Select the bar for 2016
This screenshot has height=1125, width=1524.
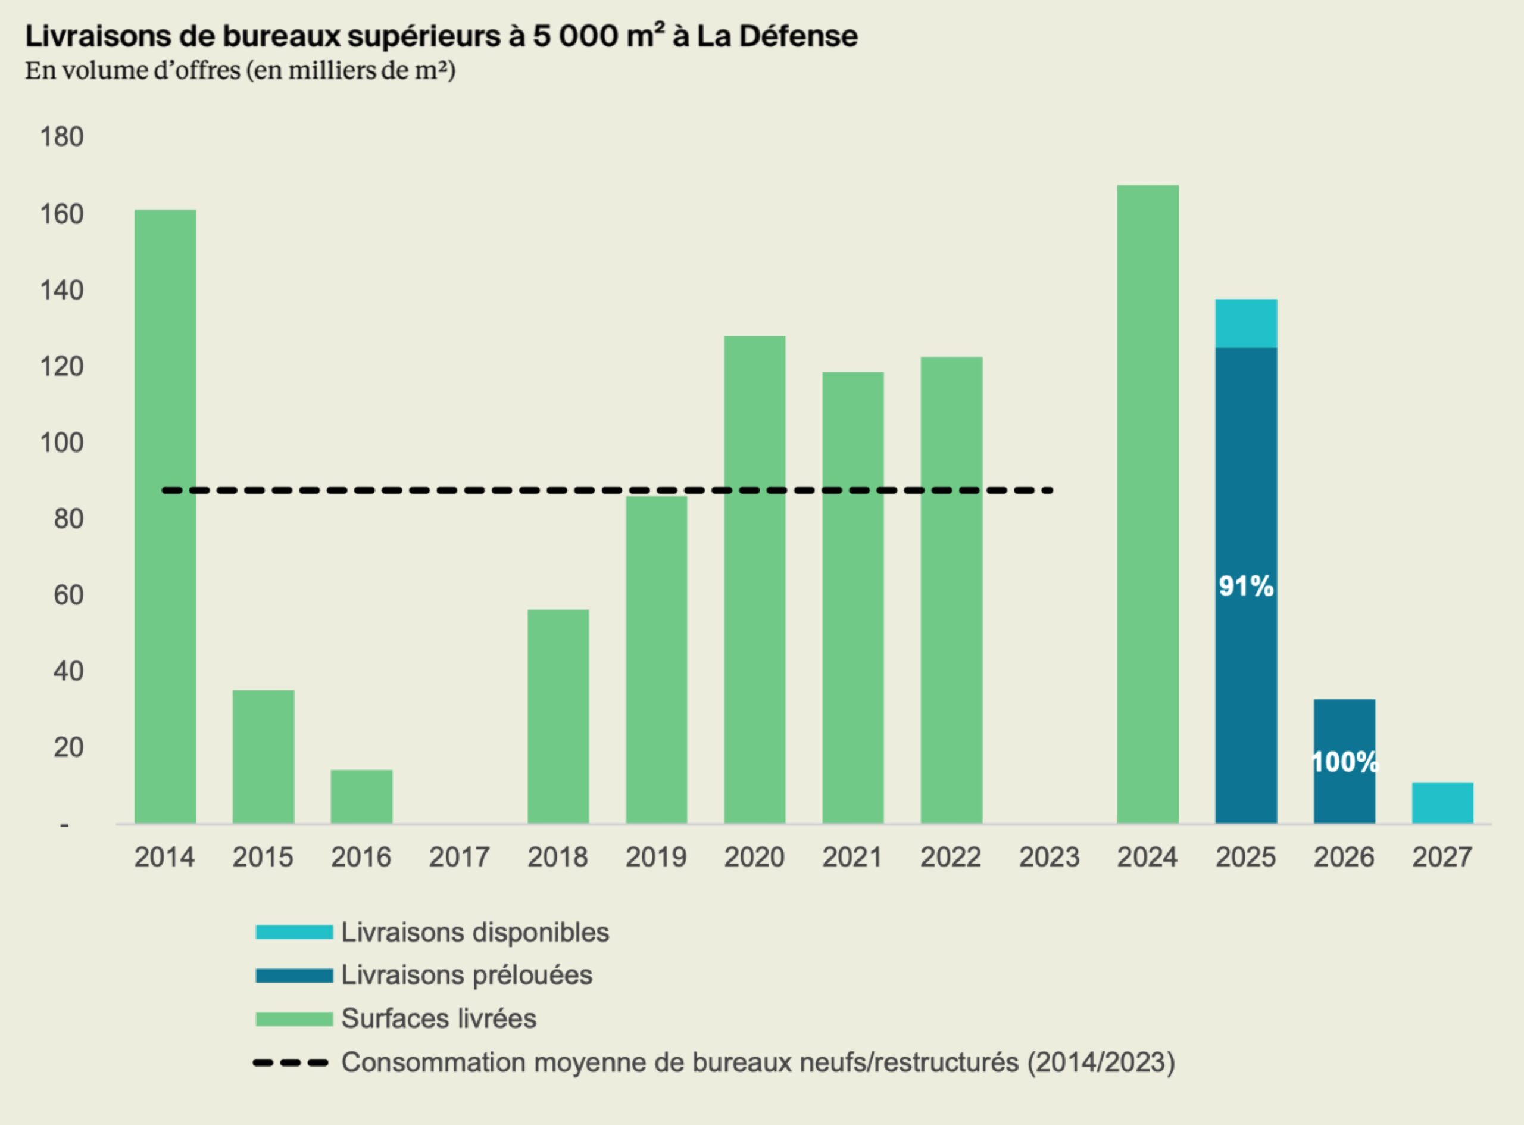361,796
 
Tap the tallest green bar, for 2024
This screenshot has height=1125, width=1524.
1148,504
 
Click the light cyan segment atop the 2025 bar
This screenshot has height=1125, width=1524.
1245,323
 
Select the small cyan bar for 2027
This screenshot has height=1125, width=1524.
1442,803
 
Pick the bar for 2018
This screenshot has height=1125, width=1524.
558,716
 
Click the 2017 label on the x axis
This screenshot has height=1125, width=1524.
460,856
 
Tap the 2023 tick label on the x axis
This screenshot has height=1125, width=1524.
1049,856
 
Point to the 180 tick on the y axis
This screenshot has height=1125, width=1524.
62,137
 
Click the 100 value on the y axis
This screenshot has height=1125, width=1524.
62,442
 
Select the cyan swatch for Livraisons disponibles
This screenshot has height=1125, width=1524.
294,932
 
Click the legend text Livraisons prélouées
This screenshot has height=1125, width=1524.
466,975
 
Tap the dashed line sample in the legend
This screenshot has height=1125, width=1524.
291,1062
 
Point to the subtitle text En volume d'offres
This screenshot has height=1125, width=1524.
133,70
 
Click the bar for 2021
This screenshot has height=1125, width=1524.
853,597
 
